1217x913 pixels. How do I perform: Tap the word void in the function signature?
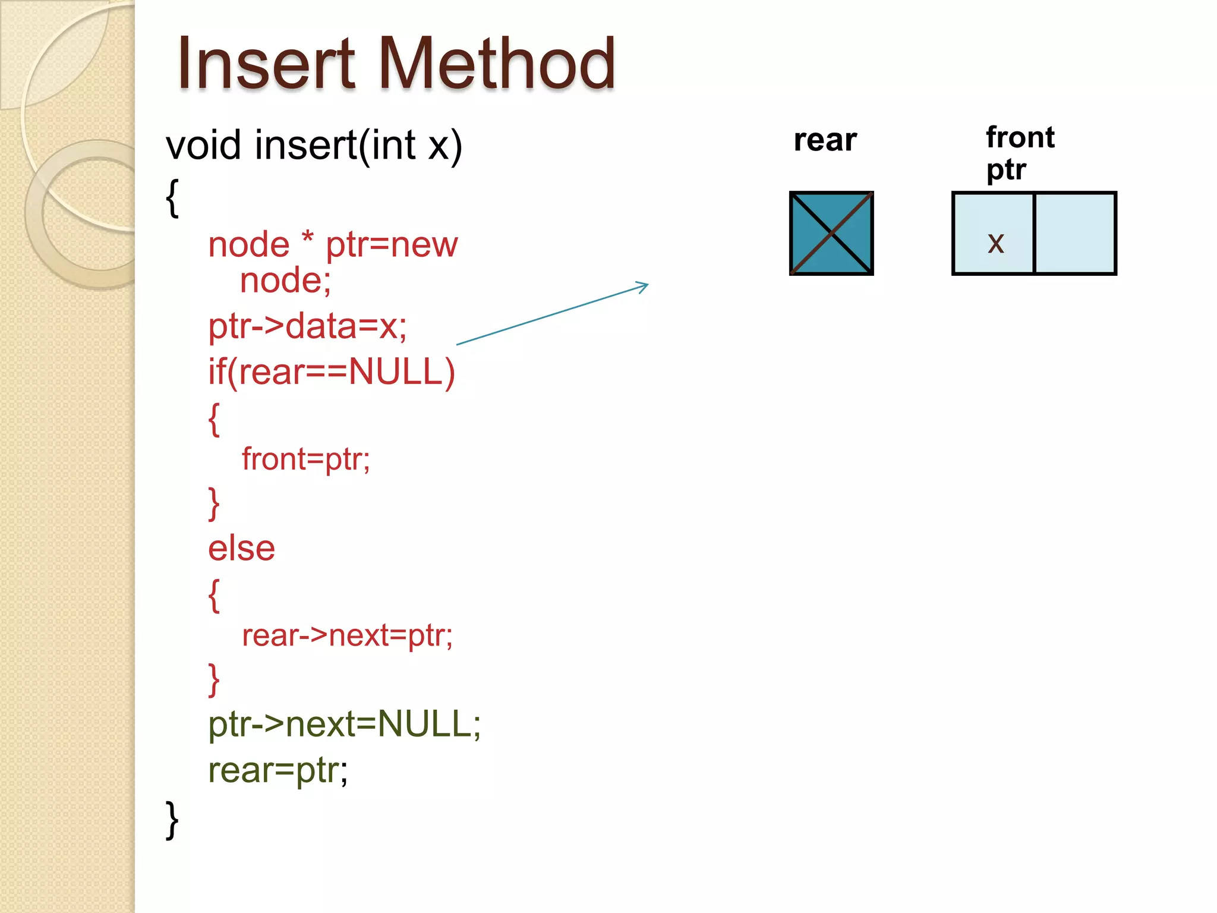coord(204,145)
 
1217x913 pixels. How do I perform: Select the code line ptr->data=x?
coord(307,326)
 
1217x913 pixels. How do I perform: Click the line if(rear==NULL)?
coord(332,372)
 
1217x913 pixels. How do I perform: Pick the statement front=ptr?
coord(305,459)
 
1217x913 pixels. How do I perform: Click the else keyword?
coord(241,547)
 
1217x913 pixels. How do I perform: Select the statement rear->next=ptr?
coord(347,635)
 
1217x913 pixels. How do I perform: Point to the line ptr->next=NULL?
coord(344,724)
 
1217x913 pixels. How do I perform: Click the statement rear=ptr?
coord(278,770)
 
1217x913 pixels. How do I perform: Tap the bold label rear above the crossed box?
coord(825,140)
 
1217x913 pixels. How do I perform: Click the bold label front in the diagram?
coord(1020,137)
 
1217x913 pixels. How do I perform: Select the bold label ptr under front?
coord(1005,169)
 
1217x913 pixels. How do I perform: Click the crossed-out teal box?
coord(831,233)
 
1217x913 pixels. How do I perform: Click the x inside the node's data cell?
coord(995,243)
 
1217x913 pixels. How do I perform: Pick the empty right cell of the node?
coord(1075,233)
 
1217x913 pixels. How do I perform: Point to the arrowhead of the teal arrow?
coord(644,286)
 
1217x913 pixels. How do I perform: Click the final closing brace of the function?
coord(172,820)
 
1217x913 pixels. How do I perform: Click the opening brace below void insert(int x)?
coord(172,198)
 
